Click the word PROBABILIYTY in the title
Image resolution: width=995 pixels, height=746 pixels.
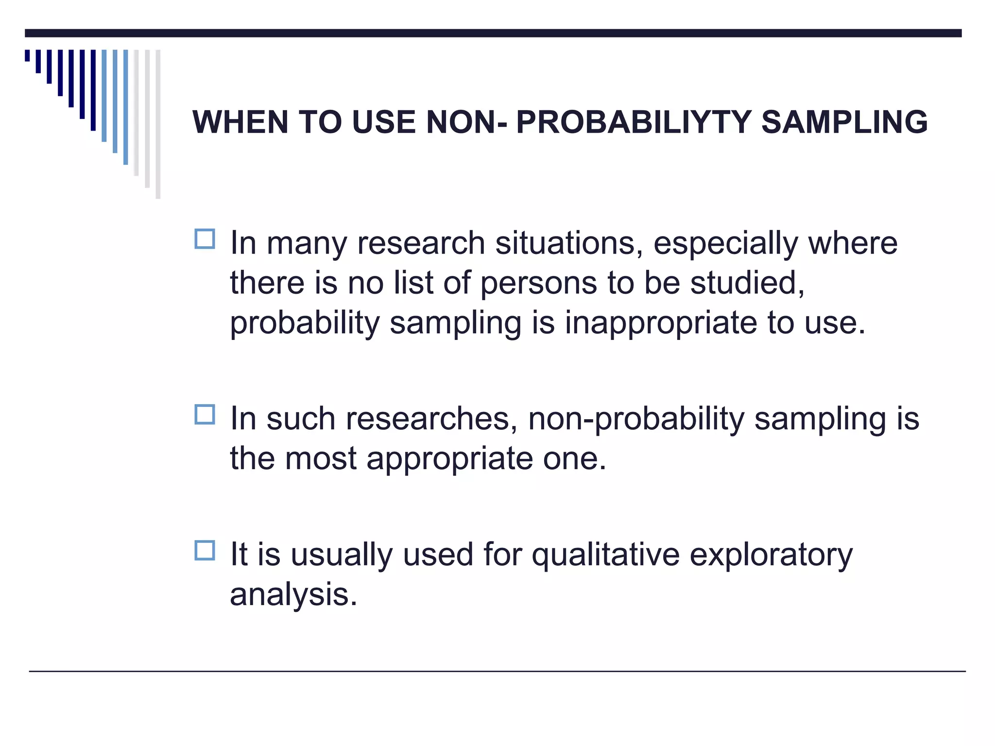coord(634,122)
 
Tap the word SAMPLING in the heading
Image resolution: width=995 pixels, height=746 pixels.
coord(844,122)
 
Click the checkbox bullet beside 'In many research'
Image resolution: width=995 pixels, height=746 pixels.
coord(205,239)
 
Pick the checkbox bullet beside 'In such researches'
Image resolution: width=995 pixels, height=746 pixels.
coord(205,415)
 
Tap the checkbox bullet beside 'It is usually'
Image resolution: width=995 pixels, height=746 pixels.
coord(205,551)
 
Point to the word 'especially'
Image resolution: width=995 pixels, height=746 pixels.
coord(725,243)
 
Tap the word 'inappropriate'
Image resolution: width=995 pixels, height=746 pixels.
coord(660,323)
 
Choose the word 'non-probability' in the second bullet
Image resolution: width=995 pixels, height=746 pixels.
coord(636,419)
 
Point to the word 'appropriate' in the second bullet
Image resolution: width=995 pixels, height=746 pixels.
coord(450,458)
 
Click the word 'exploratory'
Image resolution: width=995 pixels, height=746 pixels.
coord(771,555)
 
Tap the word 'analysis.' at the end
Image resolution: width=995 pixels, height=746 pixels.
coord(293,594)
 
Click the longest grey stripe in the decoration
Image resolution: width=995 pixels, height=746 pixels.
coord(158,124)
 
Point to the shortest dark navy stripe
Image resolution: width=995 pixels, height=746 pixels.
coord(27,55)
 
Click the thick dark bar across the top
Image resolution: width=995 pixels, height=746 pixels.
coord(493,33)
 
